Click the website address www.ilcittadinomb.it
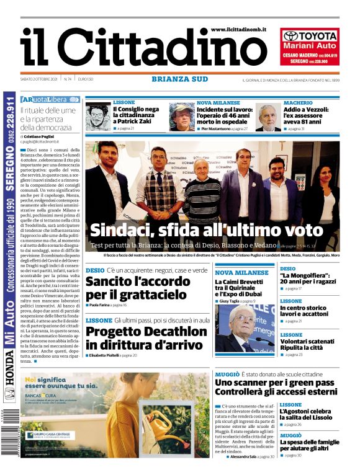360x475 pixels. click(238, 29)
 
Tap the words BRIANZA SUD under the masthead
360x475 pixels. click(179, 79)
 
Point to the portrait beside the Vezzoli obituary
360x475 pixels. click(268, 117)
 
